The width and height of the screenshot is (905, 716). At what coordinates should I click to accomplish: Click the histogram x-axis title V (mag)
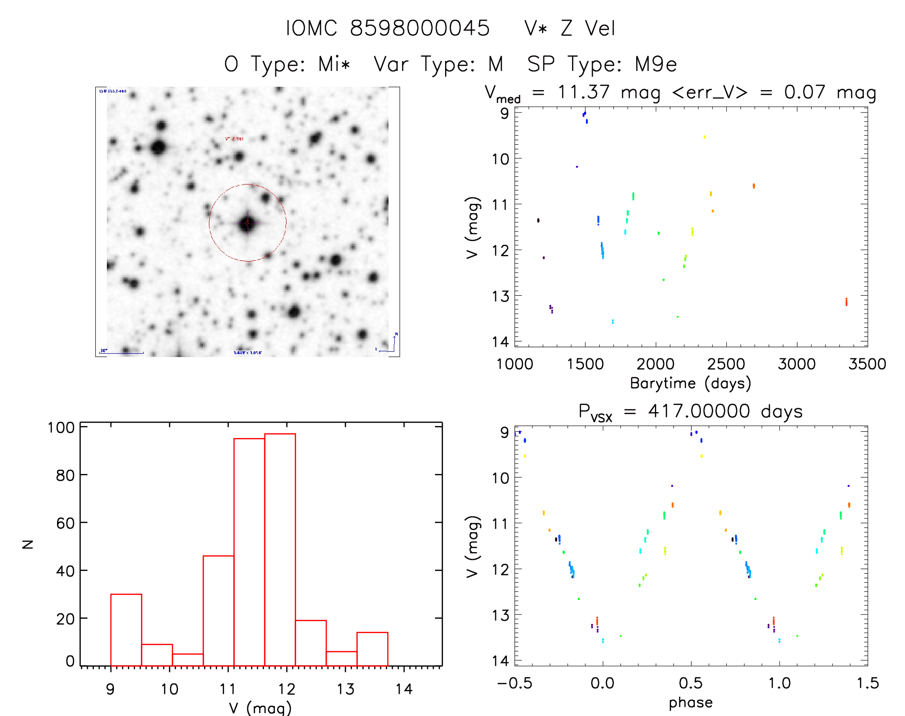[x=260, y=707]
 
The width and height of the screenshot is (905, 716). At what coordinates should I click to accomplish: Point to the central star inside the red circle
[x=247, y=223]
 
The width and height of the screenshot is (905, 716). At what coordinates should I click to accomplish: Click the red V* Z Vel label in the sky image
[x=234, y=139]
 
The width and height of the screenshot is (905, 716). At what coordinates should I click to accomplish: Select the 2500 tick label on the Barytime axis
[x=726, y=364]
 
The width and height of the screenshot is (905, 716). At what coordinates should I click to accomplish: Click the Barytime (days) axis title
[x=690, y=383]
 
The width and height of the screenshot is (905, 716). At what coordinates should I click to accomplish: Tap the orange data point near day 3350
[x=846, y=301]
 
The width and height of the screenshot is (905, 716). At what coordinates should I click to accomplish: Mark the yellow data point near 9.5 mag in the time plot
[x=704, y=137]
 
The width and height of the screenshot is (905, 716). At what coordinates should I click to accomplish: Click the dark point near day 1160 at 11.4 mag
[x=538, y=220]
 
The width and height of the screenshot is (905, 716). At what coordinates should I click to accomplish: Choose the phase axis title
[x=690, y=703]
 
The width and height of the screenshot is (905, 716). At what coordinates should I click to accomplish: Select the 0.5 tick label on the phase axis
[x=690, y=683]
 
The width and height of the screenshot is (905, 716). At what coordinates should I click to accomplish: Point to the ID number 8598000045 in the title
[x=420, y=28]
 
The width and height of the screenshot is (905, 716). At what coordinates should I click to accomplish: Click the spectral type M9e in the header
[x=655, y=64]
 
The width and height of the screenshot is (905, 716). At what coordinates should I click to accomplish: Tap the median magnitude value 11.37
[x=583, y=92]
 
